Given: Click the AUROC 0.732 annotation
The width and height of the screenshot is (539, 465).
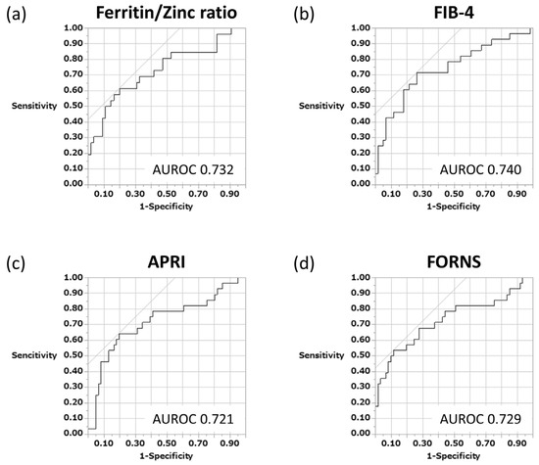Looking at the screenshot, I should click(x=193, y=168).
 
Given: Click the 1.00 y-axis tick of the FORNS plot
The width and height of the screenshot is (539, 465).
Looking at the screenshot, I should click(x=359, y=278).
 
